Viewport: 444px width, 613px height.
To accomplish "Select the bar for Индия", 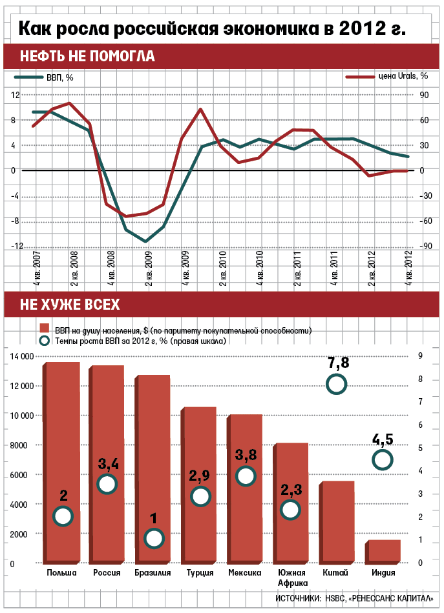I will pyautogui.click(x=383, y=552).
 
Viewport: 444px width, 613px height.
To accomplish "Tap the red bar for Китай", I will pyautogui.click(x=338, y=523).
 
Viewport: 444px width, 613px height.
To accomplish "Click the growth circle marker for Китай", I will pyautogui.click(x=337, y=385).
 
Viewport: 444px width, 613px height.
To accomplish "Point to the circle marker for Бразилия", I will pyautogui.click(x=154, y=538).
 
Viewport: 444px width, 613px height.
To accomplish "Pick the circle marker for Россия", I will pyautogui.click(x=107, y=484).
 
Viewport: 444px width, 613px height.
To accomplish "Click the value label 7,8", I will pyautogui.click(x=338, y=363).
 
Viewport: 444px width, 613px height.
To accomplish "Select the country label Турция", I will pyautogui.click(x=200, y=573).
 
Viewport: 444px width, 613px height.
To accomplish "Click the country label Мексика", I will pyautogui.click(x=245, y=573).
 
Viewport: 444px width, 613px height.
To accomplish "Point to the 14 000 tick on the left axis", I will pyautogui.click(x=19, y=356).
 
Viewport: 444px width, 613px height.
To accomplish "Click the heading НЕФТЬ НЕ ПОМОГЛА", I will pyautogui.click(x=87, y=55).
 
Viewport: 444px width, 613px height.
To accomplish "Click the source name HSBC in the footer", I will pyautogui.click(x=337, y=598).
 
